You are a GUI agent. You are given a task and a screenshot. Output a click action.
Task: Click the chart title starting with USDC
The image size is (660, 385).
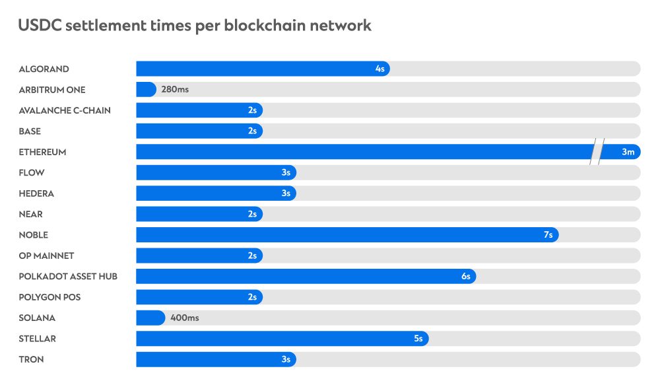pyautogui.click(x=195, y=26)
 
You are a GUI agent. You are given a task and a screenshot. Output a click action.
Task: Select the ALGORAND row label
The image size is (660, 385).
pyautogui.click(x=44, y=69)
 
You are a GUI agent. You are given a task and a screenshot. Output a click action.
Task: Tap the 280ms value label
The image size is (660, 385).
pyautogui.click(x=175, y=89)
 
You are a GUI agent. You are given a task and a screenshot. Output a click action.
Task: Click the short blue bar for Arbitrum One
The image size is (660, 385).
pyautogui.click(x=146, y=89)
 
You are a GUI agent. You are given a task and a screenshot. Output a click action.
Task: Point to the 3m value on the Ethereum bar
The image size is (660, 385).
pyautogui.click(x=628, y=152)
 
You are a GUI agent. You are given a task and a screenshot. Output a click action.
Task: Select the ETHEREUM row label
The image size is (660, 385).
pyautogui.click(x=42, y=152)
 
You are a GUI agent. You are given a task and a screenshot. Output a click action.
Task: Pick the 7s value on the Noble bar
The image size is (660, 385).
pyautogui.click(x=548, y=235)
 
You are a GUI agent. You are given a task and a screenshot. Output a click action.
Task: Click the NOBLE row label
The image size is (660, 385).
pyautogui.click(x=34, y=235)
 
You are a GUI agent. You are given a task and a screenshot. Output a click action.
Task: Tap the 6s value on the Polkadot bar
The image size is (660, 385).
pyautogui.click(x=465, y=276)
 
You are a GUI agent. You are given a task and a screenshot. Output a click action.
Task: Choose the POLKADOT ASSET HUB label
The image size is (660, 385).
pyautogui.click(x=68, y=276)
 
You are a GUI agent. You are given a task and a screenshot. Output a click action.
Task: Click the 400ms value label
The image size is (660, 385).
pyautogui.click(x=185, y=318)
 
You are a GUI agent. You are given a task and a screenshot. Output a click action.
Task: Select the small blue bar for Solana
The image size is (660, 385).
pyautogui.click(x=150, y=318)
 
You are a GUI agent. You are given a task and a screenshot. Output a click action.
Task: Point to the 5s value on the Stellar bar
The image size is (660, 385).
pyautogui.click(x=418, y=339)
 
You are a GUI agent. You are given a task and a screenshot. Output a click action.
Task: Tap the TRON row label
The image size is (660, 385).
pyautogui.click(x=32, y=359)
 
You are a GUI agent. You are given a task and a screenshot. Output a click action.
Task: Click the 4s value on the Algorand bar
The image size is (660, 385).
pyautogui.click(x=379, y=69)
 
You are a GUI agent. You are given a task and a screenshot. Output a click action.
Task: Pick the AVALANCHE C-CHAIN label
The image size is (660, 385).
pyautogui.click(x=65, y=110)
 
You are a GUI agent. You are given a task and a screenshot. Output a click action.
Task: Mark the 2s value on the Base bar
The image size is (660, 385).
pyautogui.click(x=252, y=131)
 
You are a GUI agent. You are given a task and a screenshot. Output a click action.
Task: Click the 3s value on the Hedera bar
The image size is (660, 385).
pyautogui.click(x=286, y=193)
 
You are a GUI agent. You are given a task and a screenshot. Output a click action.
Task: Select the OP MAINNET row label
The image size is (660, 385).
pyautogui.click(x=46, y=256)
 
